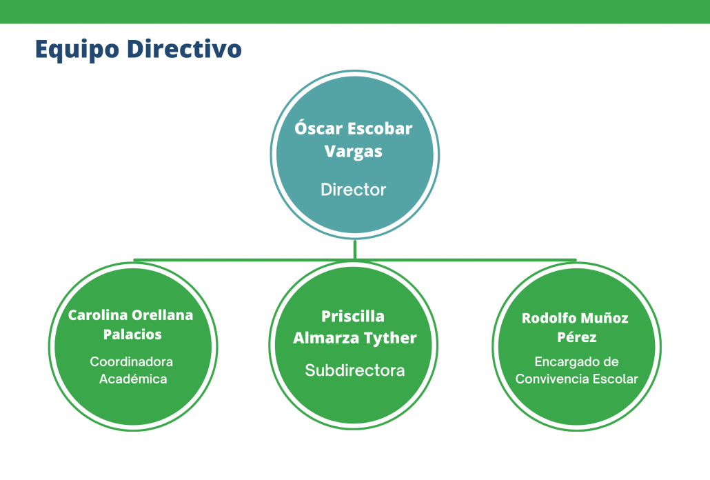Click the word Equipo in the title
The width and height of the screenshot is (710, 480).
point(77,50)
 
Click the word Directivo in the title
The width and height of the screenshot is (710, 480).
point(184,48)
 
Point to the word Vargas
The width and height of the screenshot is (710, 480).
point(353,152)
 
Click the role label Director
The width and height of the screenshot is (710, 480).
point(353,189)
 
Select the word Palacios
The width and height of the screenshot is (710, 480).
point(132,334)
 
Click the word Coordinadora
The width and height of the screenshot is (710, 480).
point(131,362)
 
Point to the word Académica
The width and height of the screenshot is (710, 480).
point(133,379)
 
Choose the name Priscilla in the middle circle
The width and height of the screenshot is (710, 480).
point(353,316)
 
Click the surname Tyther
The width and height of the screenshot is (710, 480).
point(390,338)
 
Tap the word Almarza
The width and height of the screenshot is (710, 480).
point(326,338)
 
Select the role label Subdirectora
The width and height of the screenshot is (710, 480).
point(354,370)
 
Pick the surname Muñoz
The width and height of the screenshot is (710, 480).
point(605,318)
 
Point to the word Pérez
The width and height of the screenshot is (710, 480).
point(576,337)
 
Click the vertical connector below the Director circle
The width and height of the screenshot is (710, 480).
point(354,250)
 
